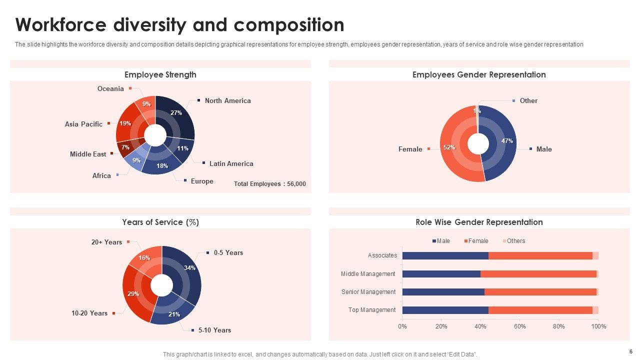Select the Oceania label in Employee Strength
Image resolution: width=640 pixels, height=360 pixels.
[110, 89]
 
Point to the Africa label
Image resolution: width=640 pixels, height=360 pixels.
[101, 175]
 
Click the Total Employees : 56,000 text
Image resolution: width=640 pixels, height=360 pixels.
[269, 184]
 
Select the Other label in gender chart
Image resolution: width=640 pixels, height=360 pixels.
[528, 101]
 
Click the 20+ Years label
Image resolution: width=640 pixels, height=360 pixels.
[106, 242]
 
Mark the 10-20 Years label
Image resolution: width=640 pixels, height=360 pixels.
[89, 313]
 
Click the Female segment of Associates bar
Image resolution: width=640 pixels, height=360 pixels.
[540, 256]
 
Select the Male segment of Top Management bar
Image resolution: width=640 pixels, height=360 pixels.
[445, 310]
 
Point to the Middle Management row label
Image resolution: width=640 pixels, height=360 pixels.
[368, 274]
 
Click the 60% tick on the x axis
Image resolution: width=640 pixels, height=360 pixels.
[519, 326]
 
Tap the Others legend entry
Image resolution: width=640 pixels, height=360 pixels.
[515, 241]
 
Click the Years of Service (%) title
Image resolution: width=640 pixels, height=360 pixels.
[160, 222]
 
